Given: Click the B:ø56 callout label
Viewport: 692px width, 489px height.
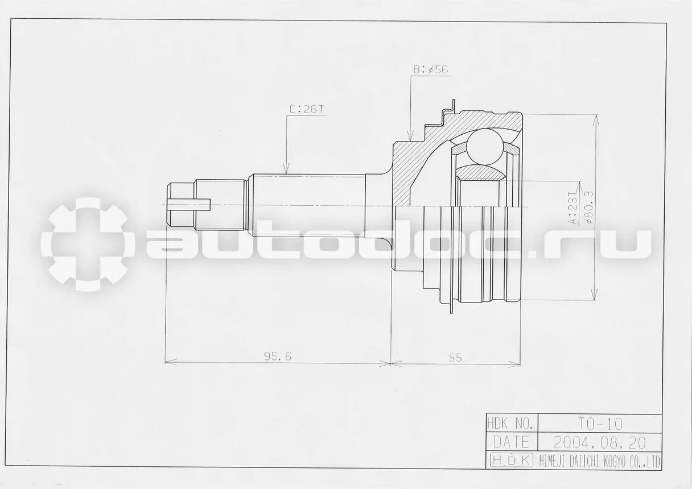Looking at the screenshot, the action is click(x=431, y=70).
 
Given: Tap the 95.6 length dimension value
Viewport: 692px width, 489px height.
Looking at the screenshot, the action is click(x=278, y=357).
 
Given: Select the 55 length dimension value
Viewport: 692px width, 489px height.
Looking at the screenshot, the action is click(x=455, y=358).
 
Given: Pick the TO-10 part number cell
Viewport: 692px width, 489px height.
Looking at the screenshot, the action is click(x=600, y=424).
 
